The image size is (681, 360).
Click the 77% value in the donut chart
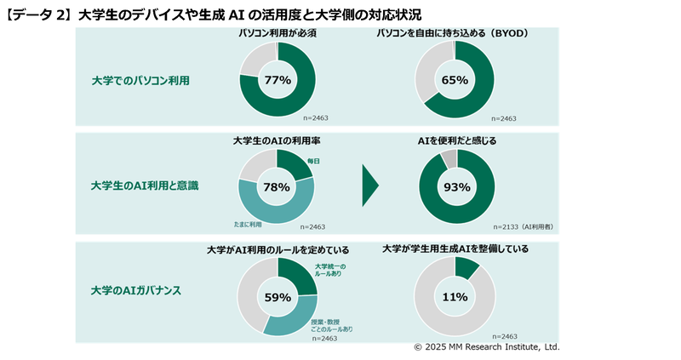[278, 80]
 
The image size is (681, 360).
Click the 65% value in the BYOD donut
[455, 80]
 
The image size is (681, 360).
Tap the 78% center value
[278, 187]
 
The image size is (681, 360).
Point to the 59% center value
[278, 298]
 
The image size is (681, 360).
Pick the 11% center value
[455, 297]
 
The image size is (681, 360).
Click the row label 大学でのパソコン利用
[140, 81]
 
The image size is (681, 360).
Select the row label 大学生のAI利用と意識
[145, 185]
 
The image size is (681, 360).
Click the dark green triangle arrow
[369, 185]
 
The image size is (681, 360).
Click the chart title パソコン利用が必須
[277, 32]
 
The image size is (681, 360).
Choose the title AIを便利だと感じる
[456, 140]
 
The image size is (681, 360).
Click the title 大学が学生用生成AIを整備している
[455, 249]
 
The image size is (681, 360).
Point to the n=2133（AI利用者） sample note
[524, 227]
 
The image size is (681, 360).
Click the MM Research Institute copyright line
[486, 347]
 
